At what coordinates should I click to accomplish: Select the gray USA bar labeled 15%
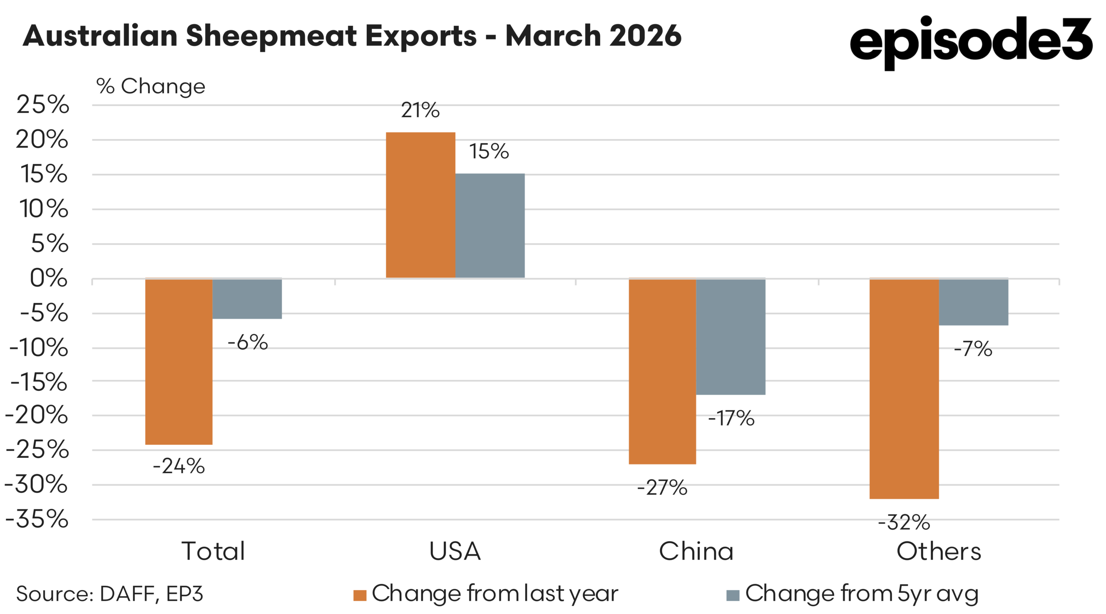pyautogui.click(x=490, y=225)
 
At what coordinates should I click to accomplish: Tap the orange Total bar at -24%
pyautogui.click(x=178, y=361)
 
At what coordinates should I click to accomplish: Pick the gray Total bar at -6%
pyautogui.click(x=247, y=298)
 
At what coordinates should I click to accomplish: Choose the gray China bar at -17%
pyautogui.click(x=731, y=336)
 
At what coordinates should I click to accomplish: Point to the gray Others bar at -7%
pyautogui.click(x=973, y=302)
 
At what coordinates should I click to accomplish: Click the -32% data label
pyautogui.click(x=904, y=522)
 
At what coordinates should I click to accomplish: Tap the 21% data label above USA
pyautogui.click(x=420, y=110)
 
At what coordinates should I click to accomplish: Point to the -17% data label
pyautogui.click(x=731, y=418)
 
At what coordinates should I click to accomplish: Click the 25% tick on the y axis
pyautogui.click(x=42, y=105)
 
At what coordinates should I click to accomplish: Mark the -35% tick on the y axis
pyautogui.click(x=37, y=519)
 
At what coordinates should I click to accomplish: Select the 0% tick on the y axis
pyautogui.click(x=48, y=278)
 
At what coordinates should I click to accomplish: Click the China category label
pyautogui.click(x=696, y=551)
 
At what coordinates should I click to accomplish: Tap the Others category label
pyautogui.click(x=938, y=551)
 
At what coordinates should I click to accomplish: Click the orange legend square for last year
pyautogui.click(x=359, y=595)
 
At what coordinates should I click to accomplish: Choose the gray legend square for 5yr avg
pyautogui.click(x=733, y=595)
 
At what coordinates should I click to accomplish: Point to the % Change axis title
pyautogui.click(x=150, y=86)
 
